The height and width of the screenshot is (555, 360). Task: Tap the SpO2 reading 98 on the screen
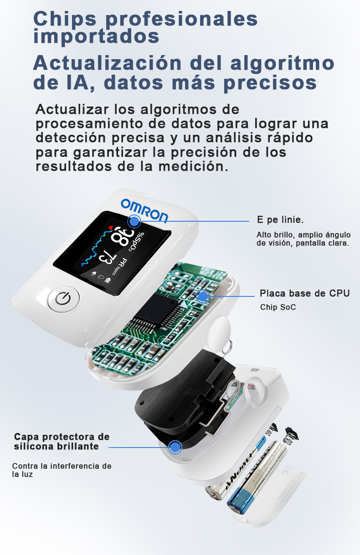(123, 237)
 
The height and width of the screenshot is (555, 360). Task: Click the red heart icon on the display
(110, 227)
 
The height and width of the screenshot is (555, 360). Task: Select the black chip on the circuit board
(156, 310)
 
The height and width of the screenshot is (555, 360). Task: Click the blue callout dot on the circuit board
(203, 296)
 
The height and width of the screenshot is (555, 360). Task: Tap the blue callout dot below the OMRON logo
(134, 221)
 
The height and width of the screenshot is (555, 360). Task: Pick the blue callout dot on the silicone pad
(175, 447)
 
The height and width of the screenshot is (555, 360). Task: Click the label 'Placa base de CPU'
(305, 293)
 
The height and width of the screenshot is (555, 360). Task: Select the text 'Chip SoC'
(278, 307)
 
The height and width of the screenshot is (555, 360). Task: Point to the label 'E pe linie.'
(280, 220)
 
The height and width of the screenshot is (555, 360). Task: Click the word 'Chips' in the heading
(65, 19)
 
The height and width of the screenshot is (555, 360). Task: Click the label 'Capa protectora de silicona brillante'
(62, 441)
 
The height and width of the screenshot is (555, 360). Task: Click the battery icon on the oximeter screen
(108, 280)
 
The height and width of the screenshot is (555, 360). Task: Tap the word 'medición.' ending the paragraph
(193, 166)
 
